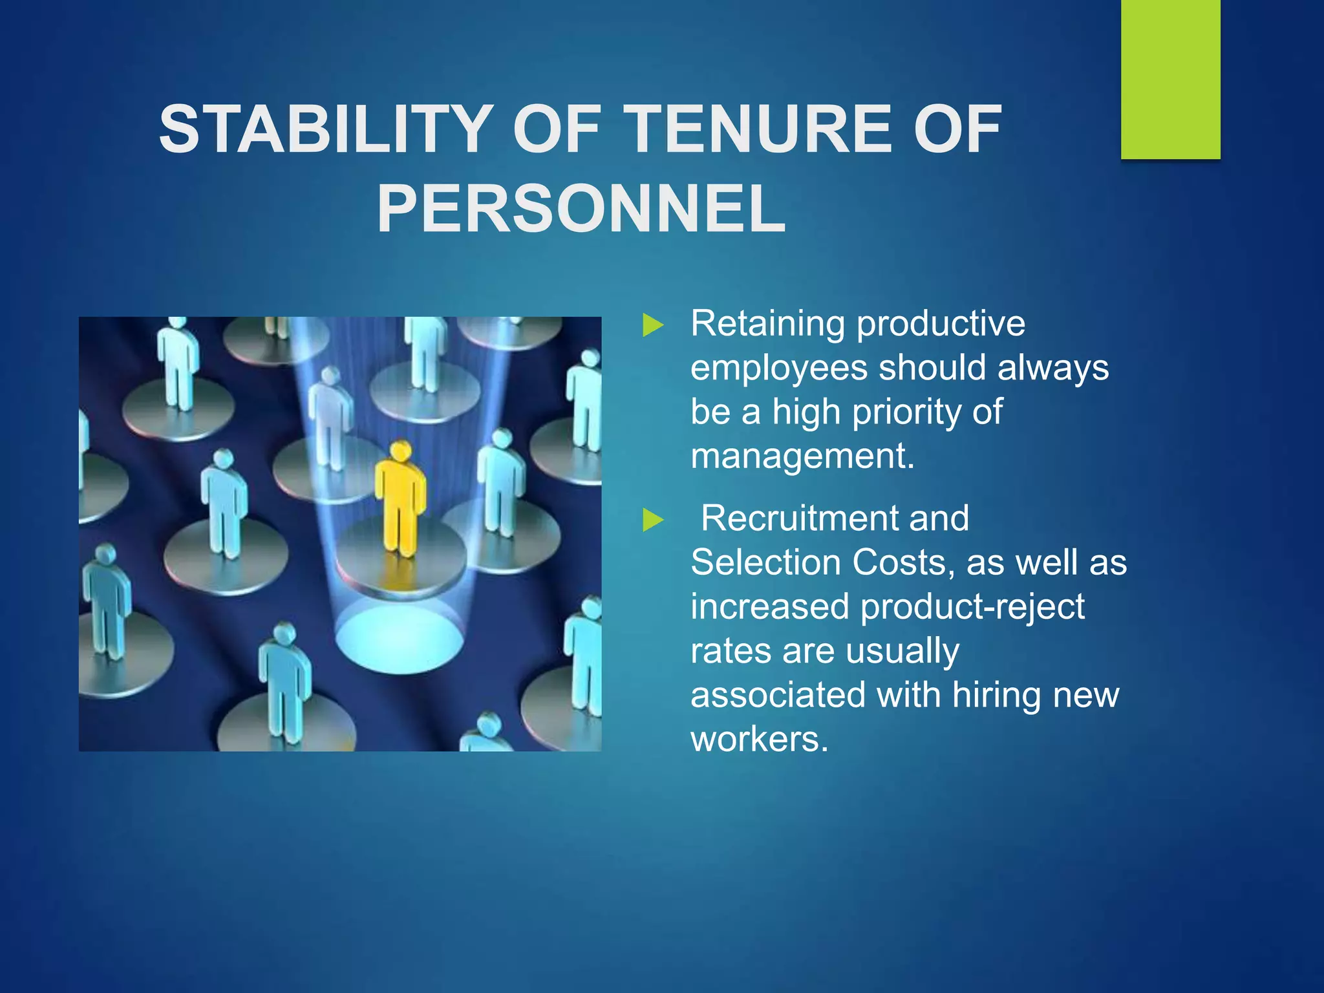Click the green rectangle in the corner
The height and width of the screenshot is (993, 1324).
pyautogui.click(x=1170, y=79)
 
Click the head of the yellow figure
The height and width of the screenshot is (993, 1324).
pyautogui.click(x=401, y=451)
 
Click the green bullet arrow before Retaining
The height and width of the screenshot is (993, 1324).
pyautogui.click(x=653, y=325)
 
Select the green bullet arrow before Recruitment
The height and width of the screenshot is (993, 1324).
pyautogui.click(x=653, y=520)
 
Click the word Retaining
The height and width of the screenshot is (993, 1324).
pyautogui.click(x=767, y=324)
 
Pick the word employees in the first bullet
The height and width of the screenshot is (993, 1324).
pyautogui.click(x=778, y=368)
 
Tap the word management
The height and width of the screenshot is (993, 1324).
pyautogui.click(x=802, y=456)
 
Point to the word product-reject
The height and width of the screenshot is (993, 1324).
pyautogui.click(x=972, y=608)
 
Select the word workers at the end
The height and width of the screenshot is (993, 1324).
pyautogui.click(x=759, y=740)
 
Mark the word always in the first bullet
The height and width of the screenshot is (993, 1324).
pyautogui.click(x=1053, y=368)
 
